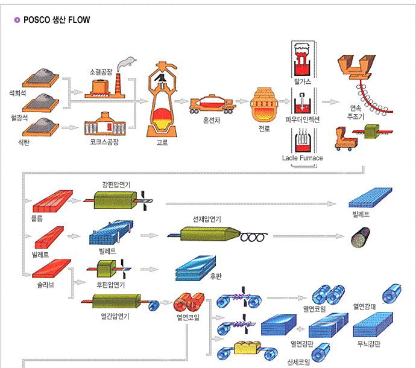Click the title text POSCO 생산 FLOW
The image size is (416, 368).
(x=57, y=20)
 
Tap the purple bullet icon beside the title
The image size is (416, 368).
(x=17, y=20)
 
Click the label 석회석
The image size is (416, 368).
(x=18, y=94)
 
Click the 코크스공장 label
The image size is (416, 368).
(x=100, y=142)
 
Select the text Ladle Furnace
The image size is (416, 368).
(x=302, y=158)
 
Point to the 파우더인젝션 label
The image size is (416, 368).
(x=303, y=119)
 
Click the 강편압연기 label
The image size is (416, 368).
(x=116, y=184)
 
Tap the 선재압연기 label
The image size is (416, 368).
(x=207, y=219)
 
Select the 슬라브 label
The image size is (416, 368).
(x=46, y=285)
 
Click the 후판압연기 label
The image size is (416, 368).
(x=111, y=285)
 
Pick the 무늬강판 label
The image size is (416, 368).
(x=367, y=344)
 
